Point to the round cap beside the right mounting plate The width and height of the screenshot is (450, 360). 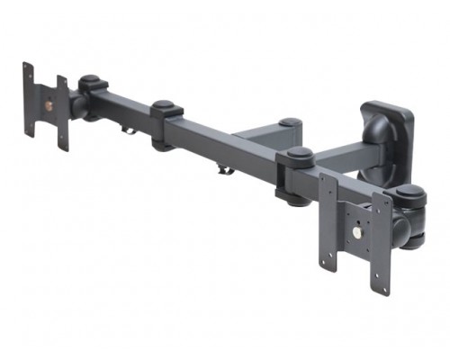click(x=409, y=193)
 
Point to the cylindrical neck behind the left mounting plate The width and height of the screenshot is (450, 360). click(x=76, y=105)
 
